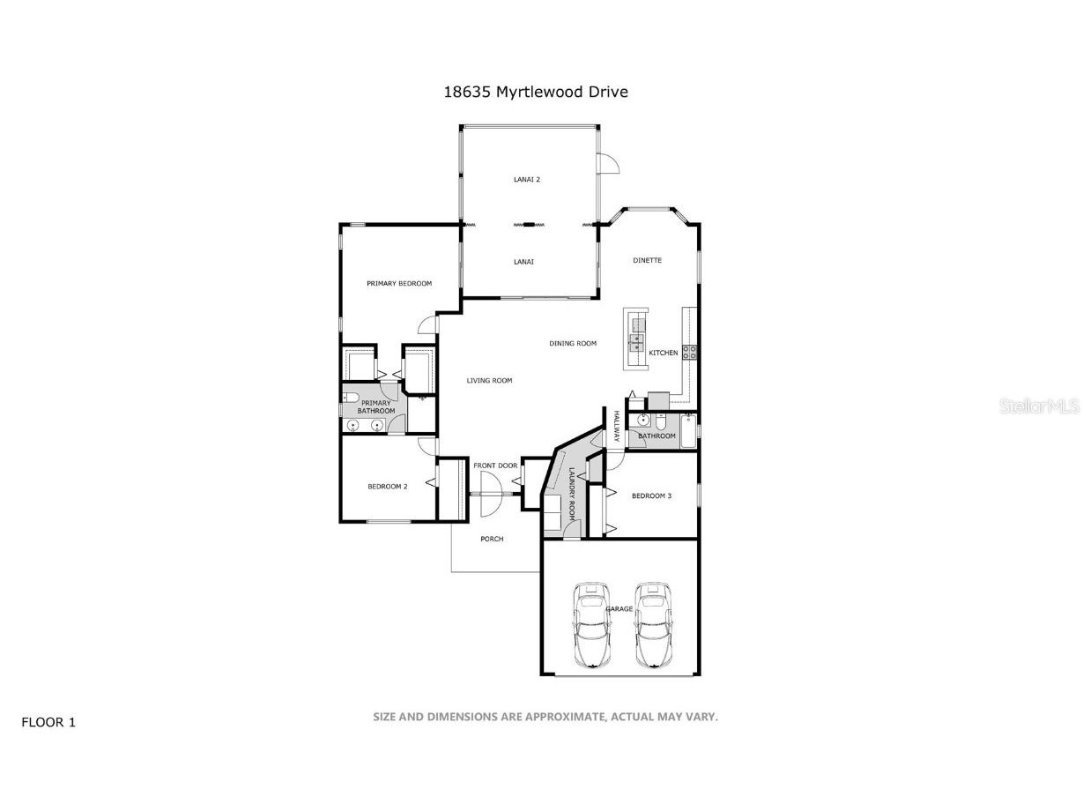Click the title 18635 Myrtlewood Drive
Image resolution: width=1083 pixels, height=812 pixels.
pos(536,92)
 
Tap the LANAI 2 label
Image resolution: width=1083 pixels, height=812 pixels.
pos(527,180)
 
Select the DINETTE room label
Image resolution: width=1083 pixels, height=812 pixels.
pos(647,260)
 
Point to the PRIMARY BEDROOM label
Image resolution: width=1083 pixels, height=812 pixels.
pos(399,283)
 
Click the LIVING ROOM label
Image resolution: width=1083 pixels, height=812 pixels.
pos(489,381)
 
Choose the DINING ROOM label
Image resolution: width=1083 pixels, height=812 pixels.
pos(573,343)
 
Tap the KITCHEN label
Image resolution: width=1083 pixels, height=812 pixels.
pos(664,353)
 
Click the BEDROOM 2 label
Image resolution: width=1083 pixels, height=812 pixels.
pos(387,486)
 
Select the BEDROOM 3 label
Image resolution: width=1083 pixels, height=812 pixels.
pos(651,495)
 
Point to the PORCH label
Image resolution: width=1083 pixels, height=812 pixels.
pos(492,539)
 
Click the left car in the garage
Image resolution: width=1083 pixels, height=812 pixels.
pos(591,624)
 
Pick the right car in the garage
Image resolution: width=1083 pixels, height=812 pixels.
pos(651,624)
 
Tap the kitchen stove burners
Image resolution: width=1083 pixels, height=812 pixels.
pos(690,353)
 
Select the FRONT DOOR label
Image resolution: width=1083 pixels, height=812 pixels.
pos(494,466)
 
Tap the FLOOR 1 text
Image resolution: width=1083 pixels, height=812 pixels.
pos(48,722)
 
